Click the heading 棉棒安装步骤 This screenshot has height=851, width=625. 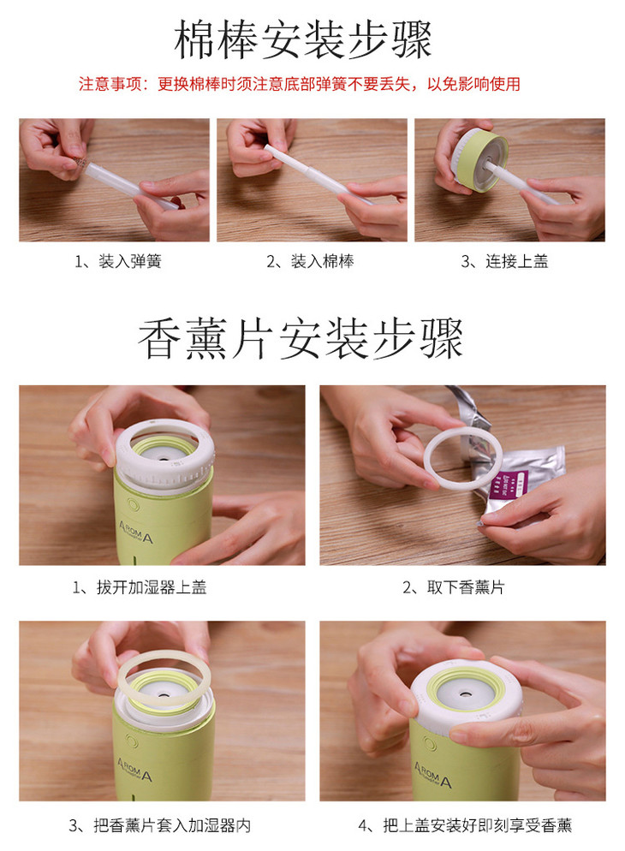[303, 39]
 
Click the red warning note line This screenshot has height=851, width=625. [300, 84]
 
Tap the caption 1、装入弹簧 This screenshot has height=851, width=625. [118, 262]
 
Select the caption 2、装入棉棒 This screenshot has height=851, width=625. [310, 262]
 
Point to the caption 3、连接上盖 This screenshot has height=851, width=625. [504, 262]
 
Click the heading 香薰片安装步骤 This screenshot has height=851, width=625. [301, 339]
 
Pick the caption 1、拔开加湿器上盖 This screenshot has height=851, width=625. [140, 587]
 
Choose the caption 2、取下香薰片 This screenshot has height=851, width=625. [454, 587]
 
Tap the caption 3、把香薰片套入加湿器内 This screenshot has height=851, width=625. [159, 825]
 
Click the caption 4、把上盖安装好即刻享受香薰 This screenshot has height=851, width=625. [465, 825]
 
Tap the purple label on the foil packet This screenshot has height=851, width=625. [509, 484]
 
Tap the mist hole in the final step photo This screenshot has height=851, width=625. [464, 693]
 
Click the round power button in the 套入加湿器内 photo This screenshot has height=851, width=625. [131, 741]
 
